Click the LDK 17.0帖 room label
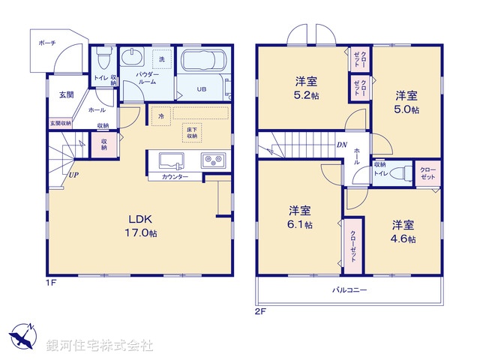(x=141, y=225)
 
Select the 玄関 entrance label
(x=66, y=95)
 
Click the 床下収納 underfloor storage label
(x=193, y=134)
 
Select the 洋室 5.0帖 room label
(x=407, y=102)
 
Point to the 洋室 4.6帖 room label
(x=403, y=232)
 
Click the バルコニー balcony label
(x=350, y=289)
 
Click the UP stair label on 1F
(x=73, y=175)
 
